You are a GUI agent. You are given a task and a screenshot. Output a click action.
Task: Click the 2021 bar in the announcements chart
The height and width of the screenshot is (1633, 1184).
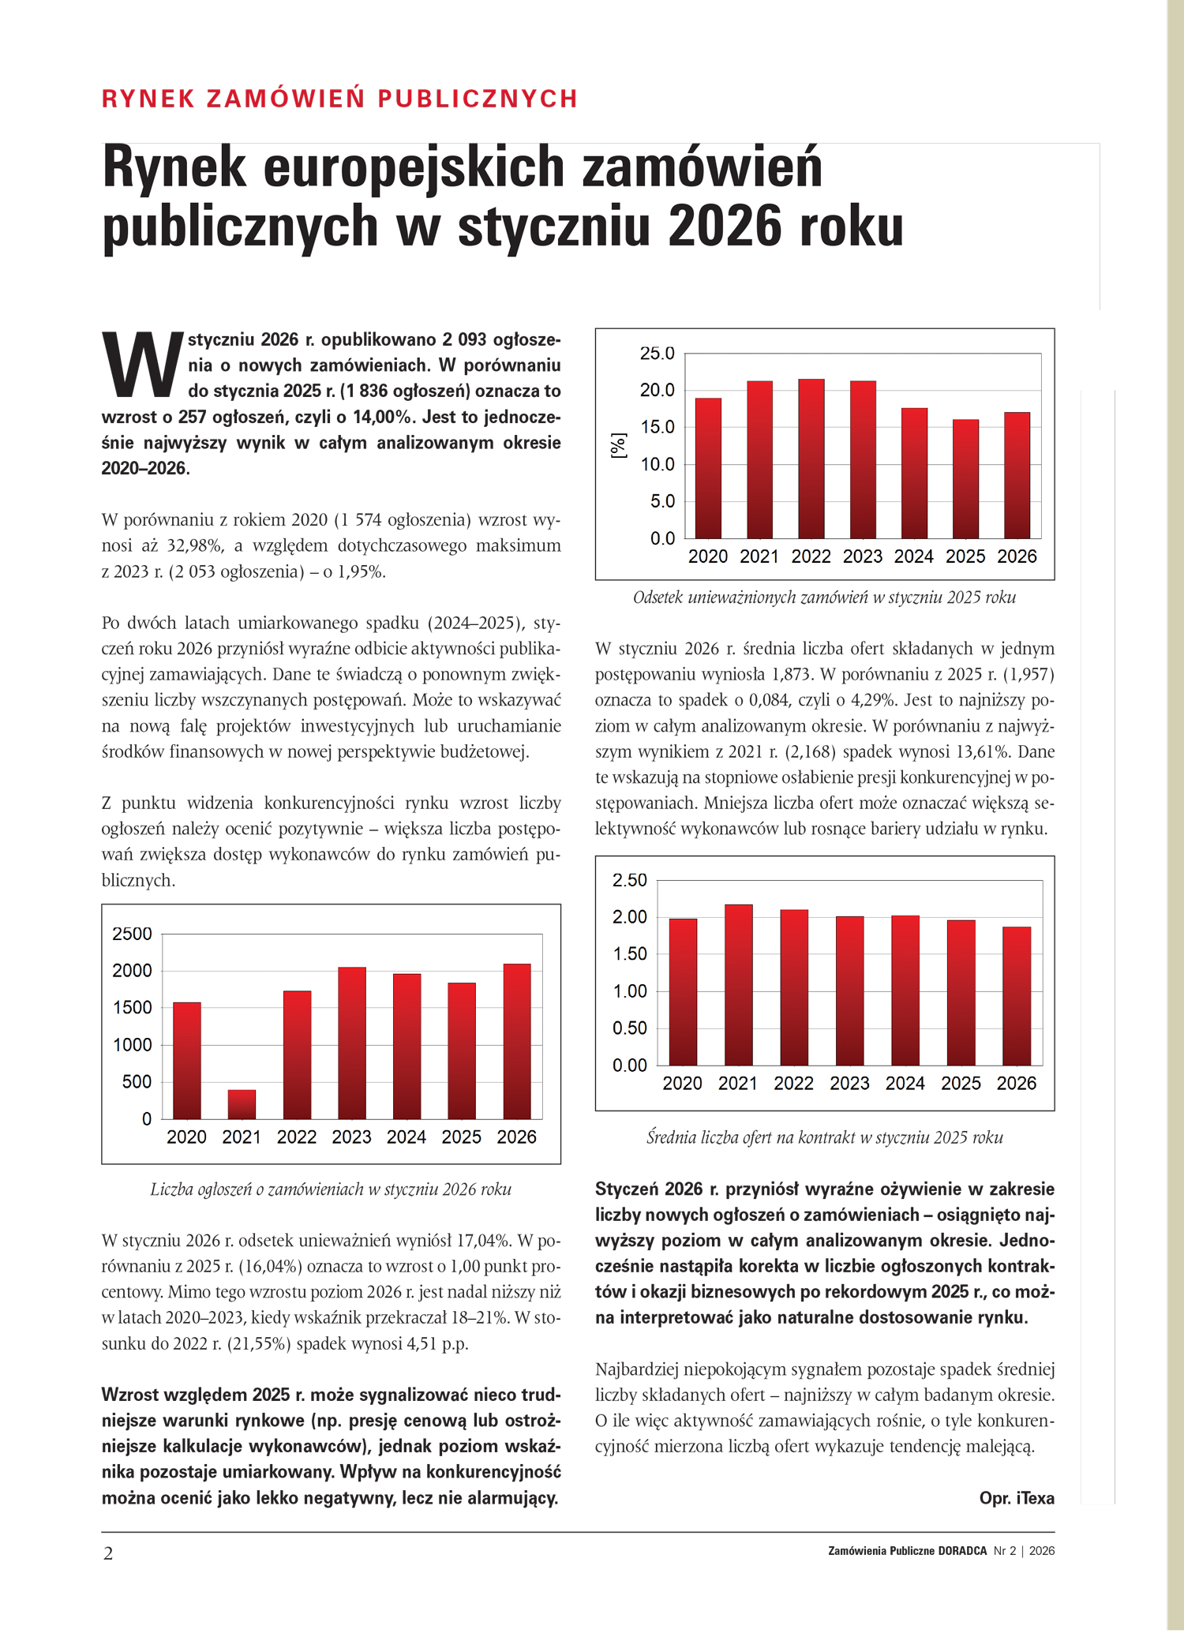click(x=242, y=1104)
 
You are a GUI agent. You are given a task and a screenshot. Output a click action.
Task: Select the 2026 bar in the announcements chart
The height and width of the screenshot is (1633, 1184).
click(x=517, y=1041)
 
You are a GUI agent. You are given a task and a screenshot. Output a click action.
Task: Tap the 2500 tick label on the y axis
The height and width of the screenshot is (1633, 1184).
click(x=132, y=934)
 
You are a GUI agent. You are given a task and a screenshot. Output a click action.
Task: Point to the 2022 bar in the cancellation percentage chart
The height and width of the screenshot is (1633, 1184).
click(x=811, y=459)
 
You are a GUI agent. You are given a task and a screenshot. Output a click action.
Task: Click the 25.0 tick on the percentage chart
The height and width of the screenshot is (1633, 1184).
click(x=657, y=354)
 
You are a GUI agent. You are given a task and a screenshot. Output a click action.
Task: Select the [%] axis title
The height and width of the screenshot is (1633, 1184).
click(x=619, y=445)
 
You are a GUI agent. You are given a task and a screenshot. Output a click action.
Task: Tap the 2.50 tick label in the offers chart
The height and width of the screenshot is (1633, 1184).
click(x=629, y=880)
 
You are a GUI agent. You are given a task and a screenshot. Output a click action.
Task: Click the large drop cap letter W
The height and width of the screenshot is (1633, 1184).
click(x=142, y=365)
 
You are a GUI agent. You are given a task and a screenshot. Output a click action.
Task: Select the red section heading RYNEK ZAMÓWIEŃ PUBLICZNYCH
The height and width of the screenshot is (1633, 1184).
click(x=340, y=99)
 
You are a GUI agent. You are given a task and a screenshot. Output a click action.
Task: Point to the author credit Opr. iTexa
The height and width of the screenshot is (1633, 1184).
click(x=1017, y=1498)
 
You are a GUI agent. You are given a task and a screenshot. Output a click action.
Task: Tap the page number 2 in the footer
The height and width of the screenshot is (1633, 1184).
click(x=109, y=1553)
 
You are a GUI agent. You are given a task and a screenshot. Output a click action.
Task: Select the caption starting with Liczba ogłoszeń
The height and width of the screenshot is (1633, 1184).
click(x=331, y=1189)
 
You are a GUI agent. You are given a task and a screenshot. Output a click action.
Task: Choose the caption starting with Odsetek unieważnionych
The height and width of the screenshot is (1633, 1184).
click(x=824, y=597)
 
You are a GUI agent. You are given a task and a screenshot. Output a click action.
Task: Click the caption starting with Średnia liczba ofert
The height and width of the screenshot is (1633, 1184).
click(x=824, y=1137)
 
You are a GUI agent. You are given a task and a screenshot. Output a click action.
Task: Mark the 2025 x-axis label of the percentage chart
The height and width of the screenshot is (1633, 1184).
click(x=965, y=556)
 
